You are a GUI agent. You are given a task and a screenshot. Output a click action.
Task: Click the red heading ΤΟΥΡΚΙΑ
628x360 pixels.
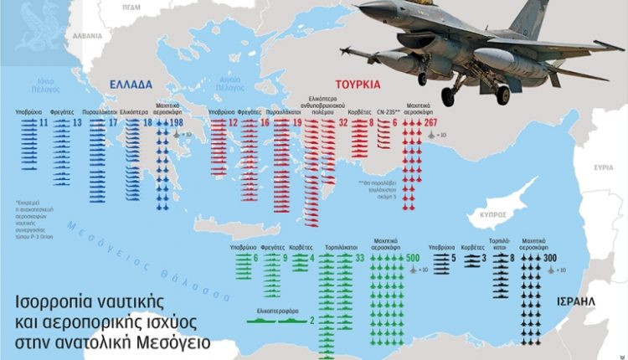[x=358, y=85]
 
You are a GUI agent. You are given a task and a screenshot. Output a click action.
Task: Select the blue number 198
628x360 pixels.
[x=177, y=124]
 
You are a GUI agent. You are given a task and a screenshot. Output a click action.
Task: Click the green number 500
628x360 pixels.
[x=412, y=258]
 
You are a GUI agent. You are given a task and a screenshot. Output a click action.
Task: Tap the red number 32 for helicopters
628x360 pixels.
[x=343, y=124]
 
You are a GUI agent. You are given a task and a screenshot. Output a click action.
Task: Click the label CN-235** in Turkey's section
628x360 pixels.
[x=383, y=111]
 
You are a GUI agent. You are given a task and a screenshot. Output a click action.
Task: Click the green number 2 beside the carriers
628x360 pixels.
[x=311, y=320]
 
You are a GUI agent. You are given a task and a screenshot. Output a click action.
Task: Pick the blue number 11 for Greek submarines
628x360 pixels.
[x=44, y=124]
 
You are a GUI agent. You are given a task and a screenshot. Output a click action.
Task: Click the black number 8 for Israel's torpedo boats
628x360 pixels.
[x=512, y=258]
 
